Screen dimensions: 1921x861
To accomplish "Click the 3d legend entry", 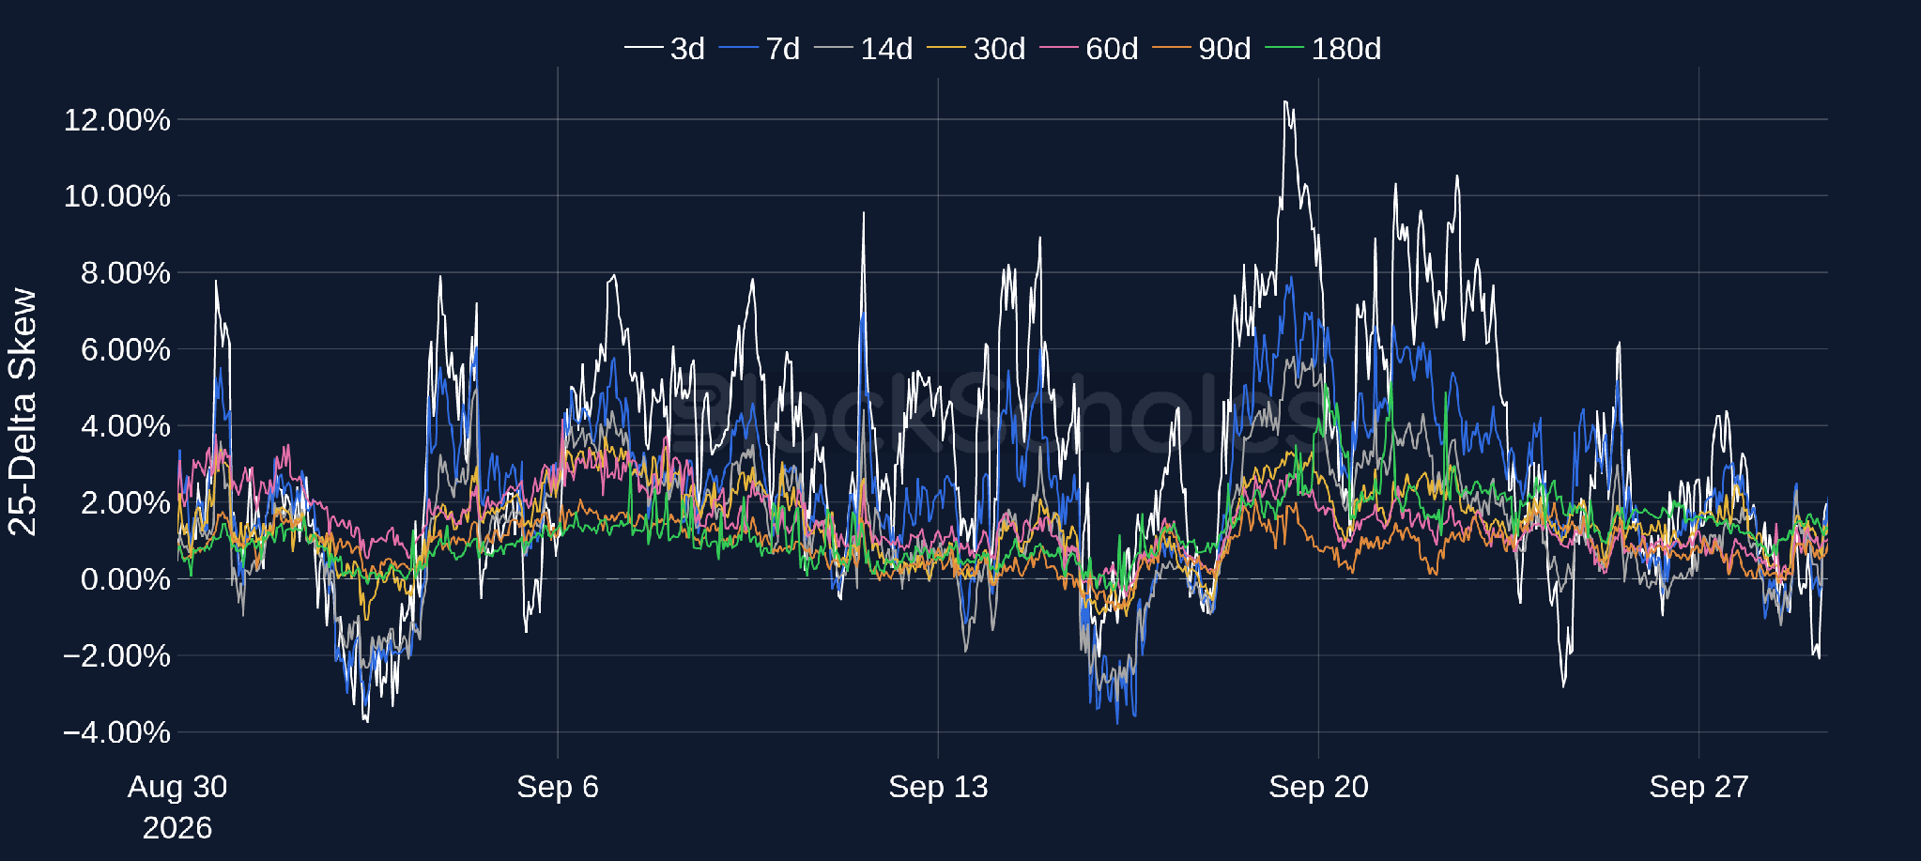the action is click(665, 48).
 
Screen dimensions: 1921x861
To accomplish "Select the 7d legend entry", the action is click(760, 48).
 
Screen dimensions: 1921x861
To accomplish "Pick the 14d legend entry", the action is click(864, 48).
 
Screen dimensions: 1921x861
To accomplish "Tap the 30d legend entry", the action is click(976, 48).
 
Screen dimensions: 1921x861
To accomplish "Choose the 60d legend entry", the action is click(1089, 48).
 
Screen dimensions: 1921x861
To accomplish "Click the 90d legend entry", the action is click(1202, 48).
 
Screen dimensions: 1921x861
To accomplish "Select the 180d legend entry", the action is click(1324, 48).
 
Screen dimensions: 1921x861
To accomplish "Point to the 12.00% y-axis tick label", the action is click(117, 119).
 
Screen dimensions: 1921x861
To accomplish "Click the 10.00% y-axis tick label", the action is click(117, 195).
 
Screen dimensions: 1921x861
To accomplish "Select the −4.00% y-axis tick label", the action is click(117, 731).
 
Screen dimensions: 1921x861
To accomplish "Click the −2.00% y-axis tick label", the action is click(117, 655).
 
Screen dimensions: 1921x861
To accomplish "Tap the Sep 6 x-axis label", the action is click(558, 787).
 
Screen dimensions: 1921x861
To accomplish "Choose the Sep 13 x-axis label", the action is click(938, 787).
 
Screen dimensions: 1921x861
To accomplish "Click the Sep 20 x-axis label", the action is click(1318, 787).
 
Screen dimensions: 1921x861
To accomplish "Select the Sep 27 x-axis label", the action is click(1698, 787).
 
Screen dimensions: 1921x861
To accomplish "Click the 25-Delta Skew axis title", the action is click(23, 412).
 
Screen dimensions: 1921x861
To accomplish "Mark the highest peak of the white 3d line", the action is click(1284, 101).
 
